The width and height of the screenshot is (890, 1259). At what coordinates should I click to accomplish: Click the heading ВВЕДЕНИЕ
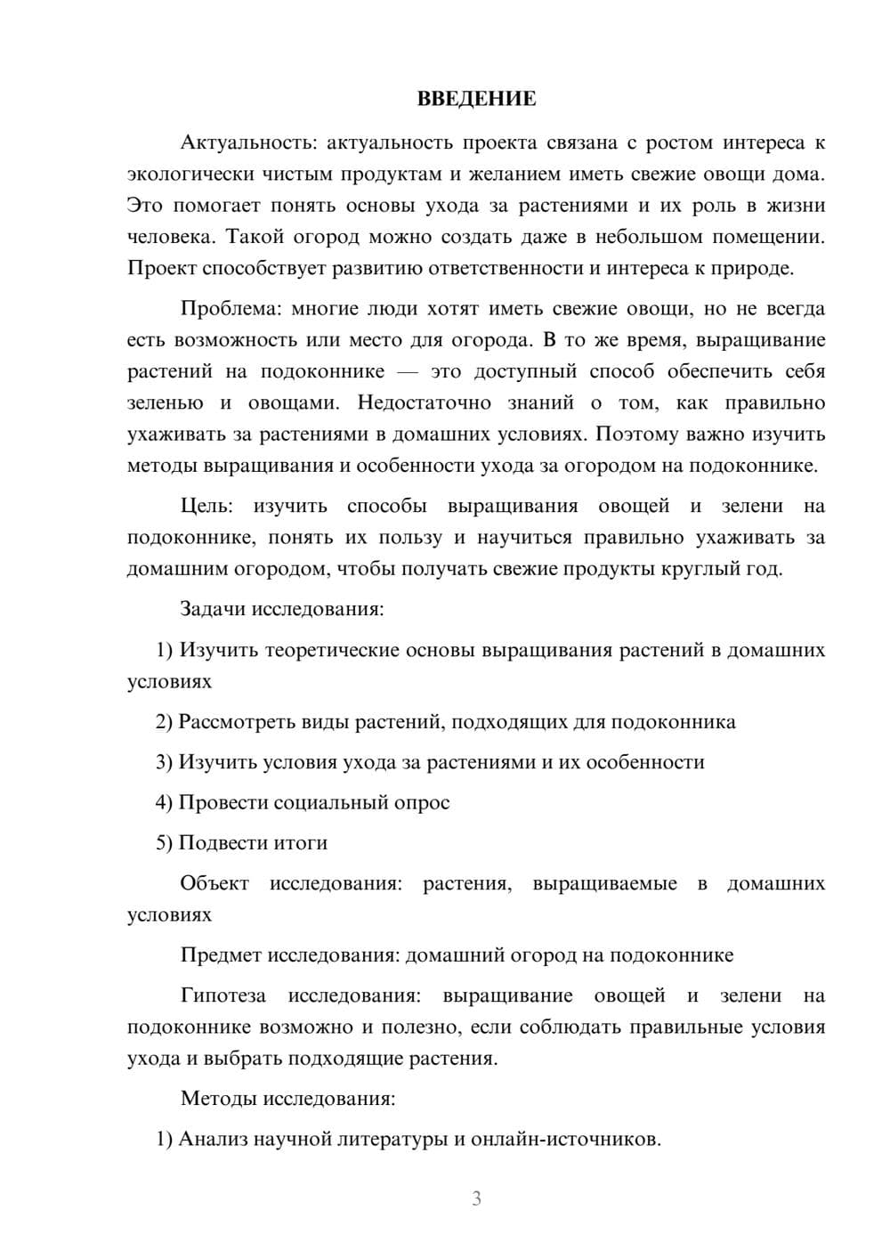click(476, 99)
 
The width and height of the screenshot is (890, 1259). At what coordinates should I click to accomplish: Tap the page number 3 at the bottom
click(476, 1198)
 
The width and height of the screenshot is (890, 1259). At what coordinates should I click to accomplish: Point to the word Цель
click(206, 507)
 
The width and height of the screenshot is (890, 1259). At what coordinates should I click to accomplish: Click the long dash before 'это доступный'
click(407, 372)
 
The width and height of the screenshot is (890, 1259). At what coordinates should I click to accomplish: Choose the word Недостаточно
click(424, 403)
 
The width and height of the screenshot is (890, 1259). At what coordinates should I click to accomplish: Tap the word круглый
click(698, 569)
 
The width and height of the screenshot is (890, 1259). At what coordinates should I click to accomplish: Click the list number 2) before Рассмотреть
click(164, 722)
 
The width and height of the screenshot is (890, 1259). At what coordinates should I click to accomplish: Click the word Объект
click(214, 884)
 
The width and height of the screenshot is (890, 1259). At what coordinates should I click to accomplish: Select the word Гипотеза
click(222, 996)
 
